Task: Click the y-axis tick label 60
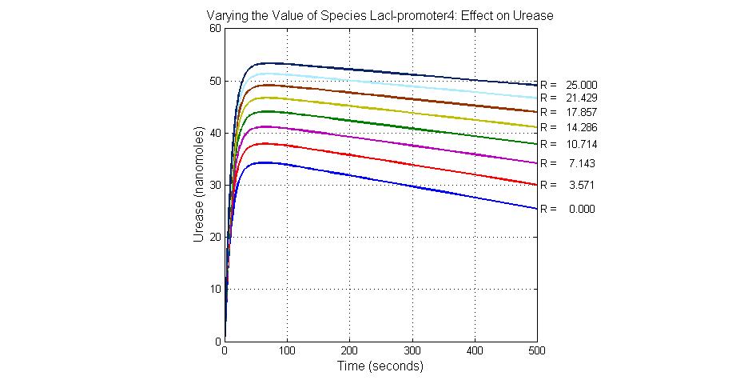[x=214, y=28]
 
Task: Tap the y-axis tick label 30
[x=214, y=185]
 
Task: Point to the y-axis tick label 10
[x=214, y=289]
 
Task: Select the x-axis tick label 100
[x=287, y=351]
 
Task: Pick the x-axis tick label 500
[x=537, y=351]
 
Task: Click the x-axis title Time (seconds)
[x=380, y=366]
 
